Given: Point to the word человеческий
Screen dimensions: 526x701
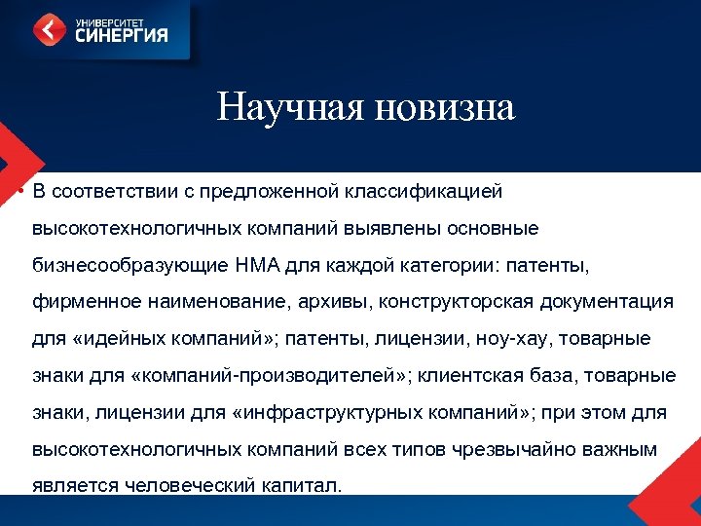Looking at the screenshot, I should coord(189,486).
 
